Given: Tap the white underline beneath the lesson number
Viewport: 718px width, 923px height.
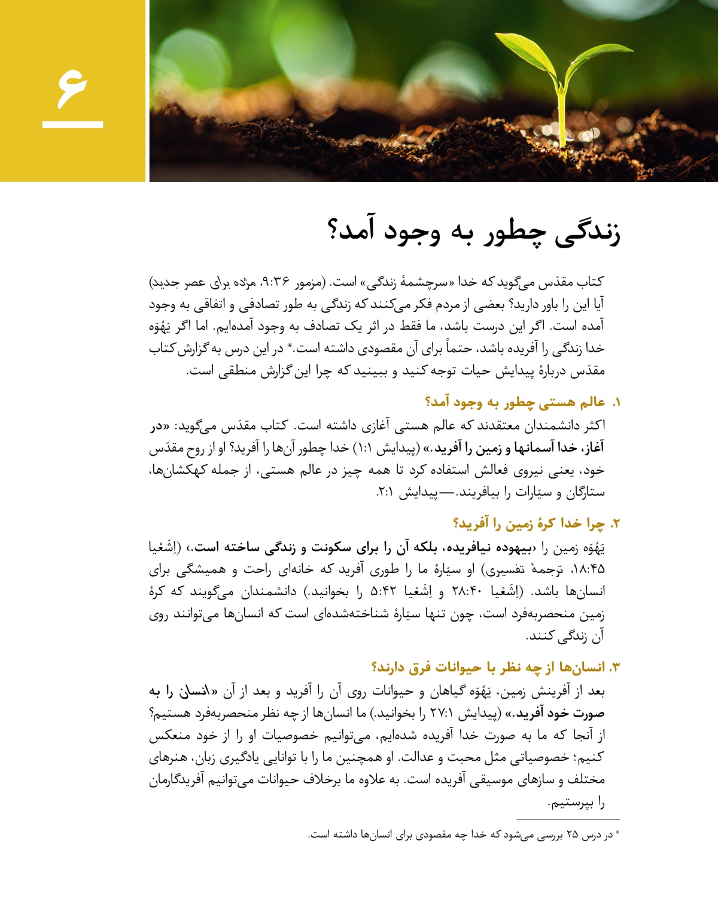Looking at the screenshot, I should pos(73,124).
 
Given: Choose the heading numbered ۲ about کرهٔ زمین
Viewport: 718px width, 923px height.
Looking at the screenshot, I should pos(536,524).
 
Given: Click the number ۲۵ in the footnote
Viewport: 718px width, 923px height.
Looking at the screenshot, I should pos(572,835).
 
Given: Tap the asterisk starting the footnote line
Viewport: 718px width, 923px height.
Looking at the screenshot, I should pos(617,833).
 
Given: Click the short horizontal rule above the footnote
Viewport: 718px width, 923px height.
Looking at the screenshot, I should pos(568,820).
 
